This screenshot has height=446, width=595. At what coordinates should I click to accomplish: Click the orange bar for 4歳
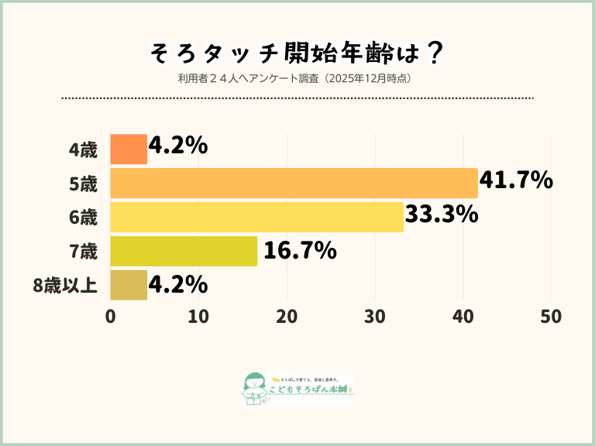pos(129,149)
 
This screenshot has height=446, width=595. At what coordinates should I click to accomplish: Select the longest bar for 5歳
pos(294,183)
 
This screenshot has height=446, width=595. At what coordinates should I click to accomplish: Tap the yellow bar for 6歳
pos(256,217)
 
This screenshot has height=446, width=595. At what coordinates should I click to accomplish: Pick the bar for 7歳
pos(184,251)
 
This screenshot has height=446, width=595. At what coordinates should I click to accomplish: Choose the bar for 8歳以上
pos(129,285)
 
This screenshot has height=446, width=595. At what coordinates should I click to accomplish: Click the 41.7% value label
pos(516,181)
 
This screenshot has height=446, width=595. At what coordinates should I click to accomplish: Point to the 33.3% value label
pos(442,215)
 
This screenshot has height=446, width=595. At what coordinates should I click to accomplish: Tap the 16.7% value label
pos(300,250)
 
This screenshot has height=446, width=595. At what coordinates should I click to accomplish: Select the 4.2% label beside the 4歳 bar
pos(178,146)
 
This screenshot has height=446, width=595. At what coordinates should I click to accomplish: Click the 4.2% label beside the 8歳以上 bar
pos(178,285)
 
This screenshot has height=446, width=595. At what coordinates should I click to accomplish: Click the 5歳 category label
pos(83,184)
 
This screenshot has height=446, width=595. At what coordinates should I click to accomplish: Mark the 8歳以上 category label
pos(65,286)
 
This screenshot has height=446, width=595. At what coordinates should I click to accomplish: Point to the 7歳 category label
pos(83,252)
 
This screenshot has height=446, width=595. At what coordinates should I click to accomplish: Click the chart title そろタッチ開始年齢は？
pos(297,53)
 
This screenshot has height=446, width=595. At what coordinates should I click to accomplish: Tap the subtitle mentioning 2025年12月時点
pos(297,78)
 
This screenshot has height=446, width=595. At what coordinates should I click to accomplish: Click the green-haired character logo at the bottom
pos(253,387)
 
